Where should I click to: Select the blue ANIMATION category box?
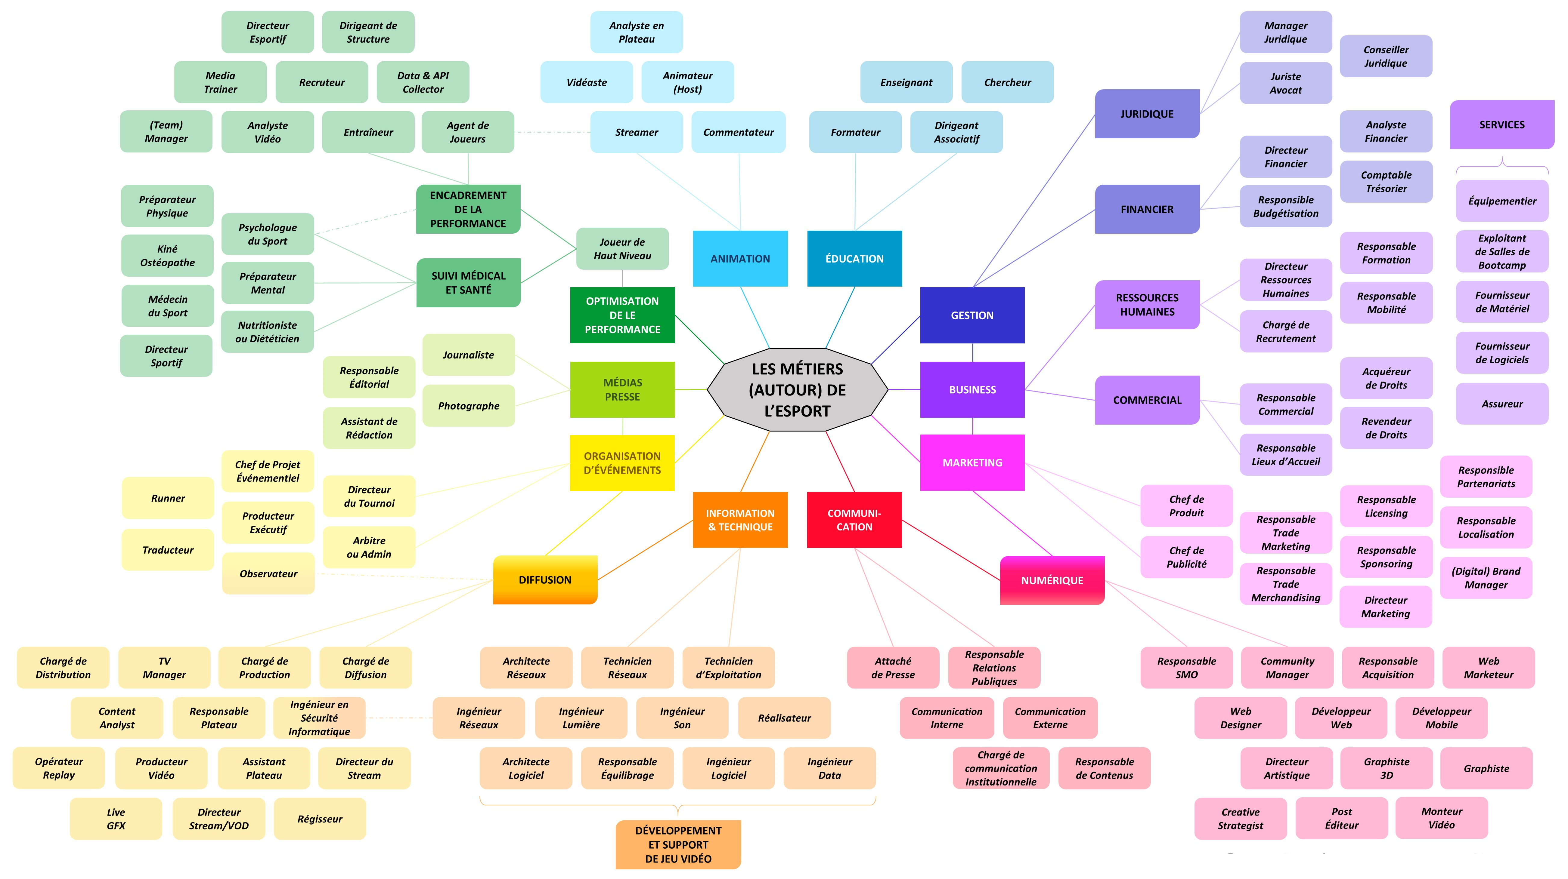(740, 259)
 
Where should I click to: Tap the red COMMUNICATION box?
(854, 520)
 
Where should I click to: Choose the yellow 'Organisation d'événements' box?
(622, 463)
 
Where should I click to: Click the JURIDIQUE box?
(1147, 114)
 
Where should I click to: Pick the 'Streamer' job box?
(636, 132)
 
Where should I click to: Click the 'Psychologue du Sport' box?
(267, 234)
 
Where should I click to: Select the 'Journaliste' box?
(468, 355)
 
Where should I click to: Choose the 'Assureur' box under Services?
(1502, 403)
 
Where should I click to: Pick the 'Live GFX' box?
(116, 819)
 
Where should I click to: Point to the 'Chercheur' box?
(1007, 82)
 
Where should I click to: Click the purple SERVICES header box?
(1502, 125)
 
